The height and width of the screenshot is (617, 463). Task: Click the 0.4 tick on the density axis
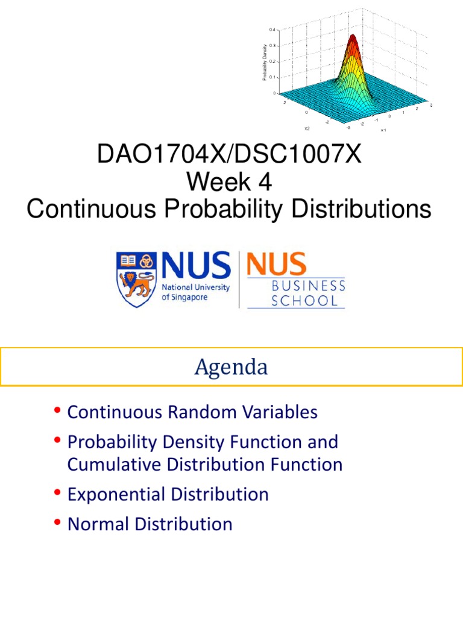pyautogui.click(x=272, y=30)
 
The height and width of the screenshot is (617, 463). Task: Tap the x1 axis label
pyautogui.click(x=383, y=130)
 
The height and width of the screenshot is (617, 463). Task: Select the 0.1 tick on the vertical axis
pyautogui.click(x=272, y=77)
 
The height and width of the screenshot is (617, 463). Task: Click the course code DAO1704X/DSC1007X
pyautogui.click(x=229, y=155)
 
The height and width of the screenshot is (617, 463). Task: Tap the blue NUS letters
pyautogui.click(x=196, y=265)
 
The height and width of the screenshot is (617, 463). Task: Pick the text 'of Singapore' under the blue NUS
pyautogui.click(x=187, y=297)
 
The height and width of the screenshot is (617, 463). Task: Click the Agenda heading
pyautogui.click(x=231, y=368)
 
